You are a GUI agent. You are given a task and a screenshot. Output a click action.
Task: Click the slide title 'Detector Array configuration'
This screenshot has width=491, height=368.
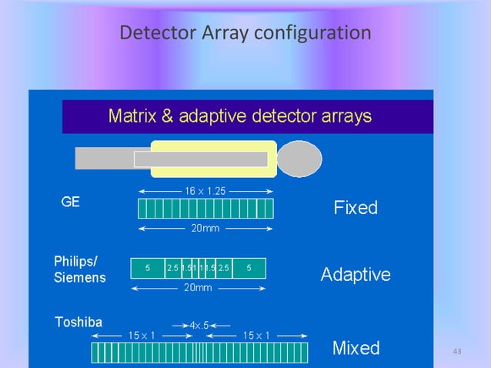246,34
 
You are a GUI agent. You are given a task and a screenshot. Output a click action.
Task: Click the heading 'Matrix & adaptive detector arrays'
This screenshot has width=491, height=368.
240,116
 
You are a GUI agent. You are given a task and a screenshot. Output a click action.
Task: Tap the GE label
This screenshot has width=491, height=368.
72,203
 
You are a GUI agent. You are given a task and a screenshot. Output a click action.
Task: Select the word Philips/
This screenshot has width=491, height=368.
81,261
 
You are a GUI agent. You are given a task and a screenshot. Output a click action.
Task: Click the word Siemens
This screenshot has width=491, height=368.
80,276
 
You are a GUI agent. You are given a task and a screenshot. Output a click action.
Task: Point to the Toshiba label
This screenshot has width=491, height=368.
78,322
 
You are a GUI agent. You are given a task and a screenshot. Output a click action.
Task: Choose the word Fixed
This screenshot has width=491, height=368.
355,208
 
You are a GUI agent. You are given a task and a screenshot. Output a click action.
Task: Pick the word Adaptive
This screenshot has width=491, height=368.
356,274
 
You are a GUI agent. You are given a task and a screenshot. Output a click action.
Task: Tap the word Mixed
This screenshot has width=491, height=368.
356,348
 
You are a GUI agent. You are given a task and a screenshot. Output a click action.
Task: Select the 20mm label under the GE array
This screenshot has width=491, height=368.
204,229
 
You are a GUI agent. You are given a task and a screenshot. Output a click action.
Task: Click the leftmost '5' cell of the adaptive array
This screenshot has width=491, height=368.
147,268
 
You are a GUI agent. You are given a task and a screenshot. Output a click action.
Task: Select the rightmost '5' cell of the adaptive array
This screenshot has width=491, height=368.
249,268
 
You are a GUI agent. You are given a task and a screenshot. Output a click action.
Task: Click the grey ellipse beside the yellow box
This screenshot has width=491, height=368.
299,159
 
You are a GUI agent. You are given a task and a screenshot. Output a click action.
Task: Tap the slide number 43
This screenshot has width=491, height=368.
457,352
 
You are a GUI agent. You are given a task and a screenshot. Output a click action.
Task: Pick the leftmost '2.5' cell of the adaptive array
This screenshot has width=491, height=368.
172,268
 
